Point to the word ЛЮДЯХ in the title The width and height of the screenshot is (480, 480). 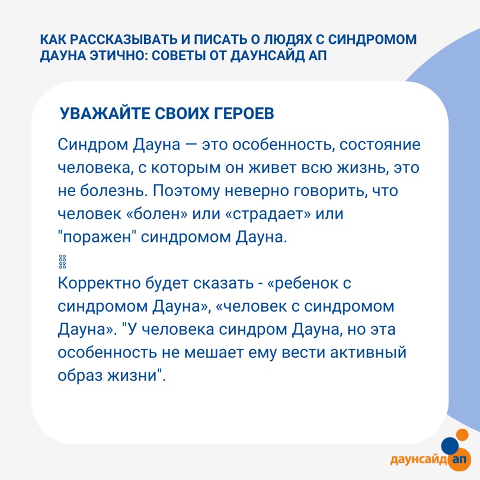point(286,40)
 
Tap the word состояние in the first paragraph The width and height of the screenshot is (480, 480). point(380,145)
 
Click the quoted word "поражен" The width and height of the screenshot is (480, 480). point(97,237)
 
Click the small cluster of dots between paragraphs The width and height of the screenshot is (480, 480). point(62,261)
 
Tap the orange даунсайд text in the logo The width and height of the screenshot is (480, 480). point(418,459)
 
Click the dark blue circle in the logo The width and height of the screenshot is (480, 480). point(450,446)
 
